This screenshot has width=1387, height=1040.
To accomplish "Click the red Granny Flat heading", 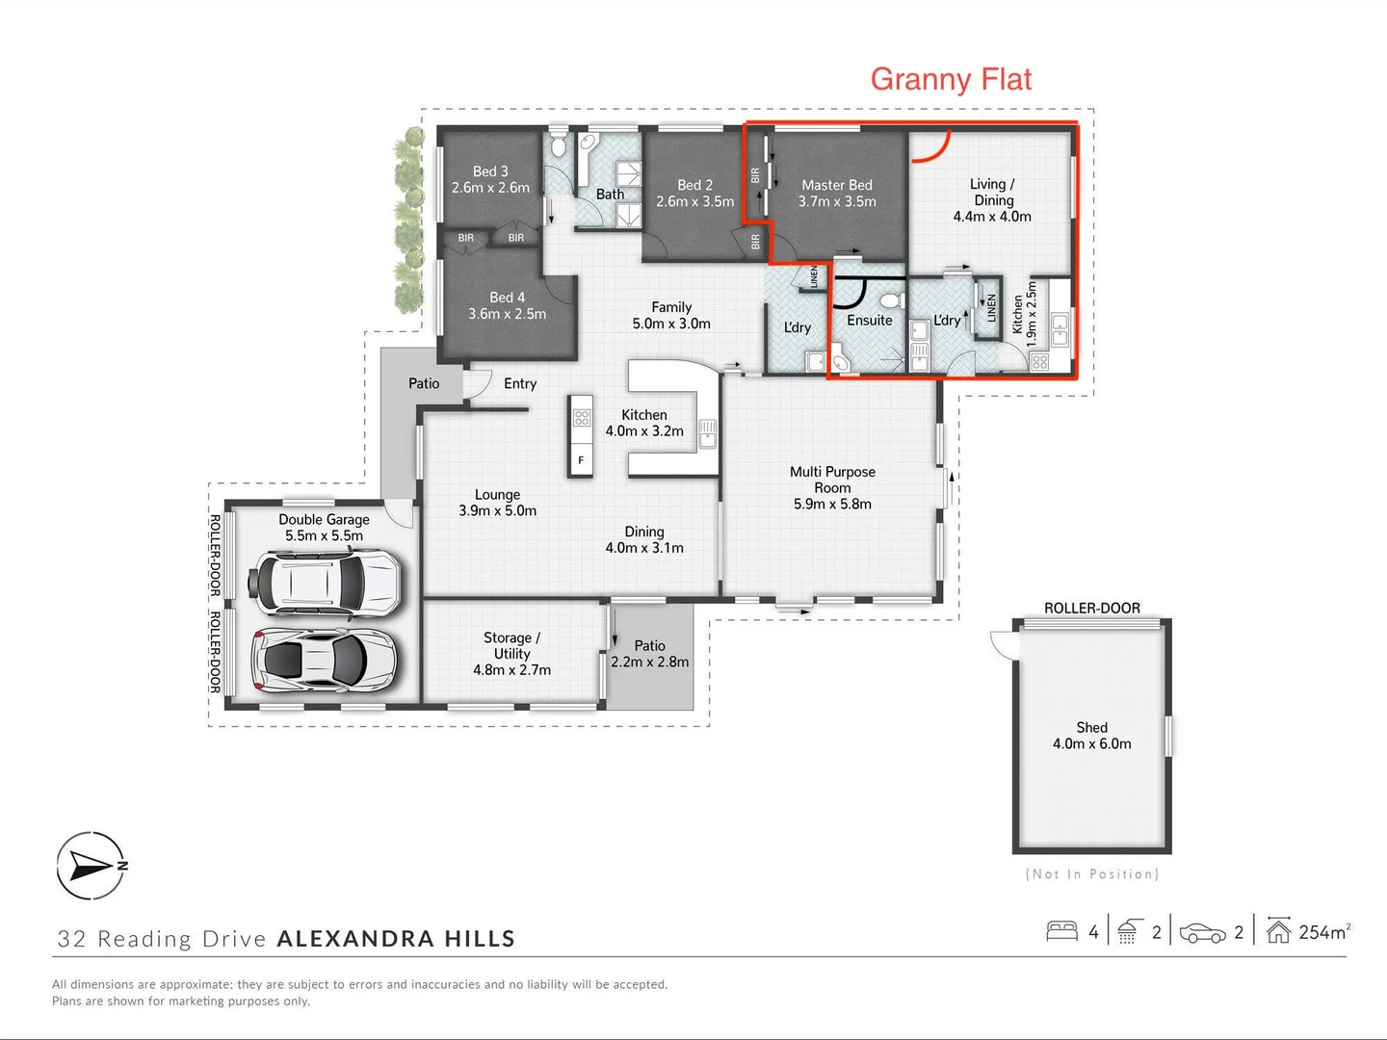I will (x=951, y=79).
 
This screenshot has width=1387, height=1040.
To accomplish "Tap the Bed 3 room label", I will (x=490, y=179).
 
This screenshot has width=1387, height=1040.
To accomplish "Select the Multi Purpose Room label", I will (x=832, y=487).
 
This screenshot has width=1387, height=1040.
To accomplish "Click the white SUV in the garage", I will (x=325, y=582).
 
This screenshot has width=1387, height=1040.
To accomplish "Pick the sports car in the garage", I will (x=325, y=660).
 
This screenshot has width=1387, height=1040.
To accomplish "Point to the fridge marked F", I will (x=581, y=460).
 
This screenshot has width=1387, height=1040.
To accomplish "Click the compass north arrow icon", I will (x=91, y=865).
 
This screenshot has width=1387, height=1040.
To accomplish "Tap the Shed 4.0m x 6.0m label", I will (x=1091, y=736).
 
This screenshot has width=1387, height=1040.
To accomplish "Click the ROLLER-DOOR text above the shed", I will (x=1091, y=608).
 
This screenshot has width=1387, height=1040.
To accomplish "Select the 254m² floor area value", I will (x=1323, y=932).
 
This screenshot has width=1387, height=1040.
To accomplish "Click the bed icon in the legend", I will (x=1061, y=931).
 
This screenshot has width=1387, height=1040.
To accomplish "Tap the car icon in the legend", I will (x=1202, y=933).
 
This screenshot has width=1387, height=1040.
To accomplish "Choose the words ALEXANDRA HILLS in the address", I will (x=396, y=939).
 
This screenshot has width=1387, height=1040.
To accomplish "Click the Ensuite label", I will (x=869, y=321).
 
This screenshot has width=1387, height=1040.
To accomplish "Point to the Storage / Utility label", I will (x=511, y=654).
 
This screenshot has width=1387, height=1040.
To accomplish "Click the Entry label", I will (x=520, y=383).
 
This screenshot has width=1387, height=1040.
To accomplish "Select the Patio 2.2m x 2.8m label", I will (x=650, y=654).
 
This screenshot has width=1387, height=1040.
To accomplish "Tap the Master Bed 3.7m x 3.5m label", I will (x=836, y=193).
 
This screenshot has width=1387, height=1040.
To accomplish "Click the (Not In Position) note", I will (x=1091, y=874).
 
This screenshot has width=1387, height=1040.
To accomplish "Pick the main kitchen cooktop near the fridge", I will (x=582, y=418).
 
